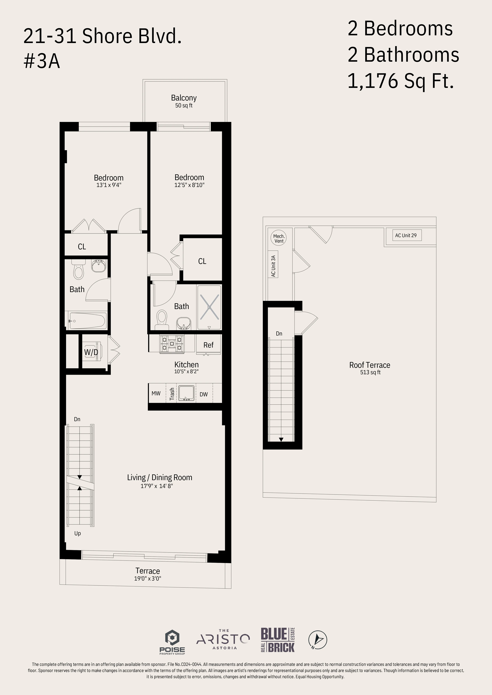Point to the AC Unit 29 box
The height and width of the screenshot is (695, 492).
click(x=406, y=235)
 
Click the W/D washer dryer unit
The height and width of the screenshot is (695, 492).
click(x=91, y=352)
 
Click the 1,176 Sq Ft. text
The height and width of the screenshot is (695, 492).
click(x=401, y=81)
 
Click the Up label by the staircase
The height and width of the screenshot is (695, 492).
click(x=78, y=533)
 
